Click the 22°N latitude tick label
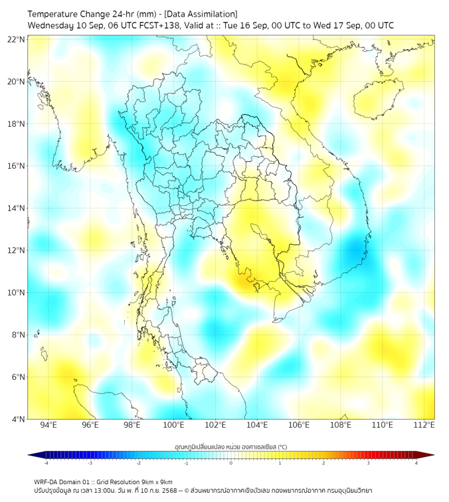[x=17, y=39]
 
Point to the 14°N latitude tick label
[x=17, y=208]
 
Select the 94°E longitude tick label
[x=48, y=425]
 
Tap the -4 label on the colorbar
[x=46, y=463]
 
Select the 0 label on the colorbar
[x=231, y=463]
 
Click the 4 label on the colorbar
[x=416, y=463]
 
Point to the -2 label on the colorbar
[x=138, y=463]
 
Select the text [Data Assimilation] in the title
[x=202, y=14]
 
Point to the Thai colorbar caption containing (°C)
[x=230, y=447]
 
